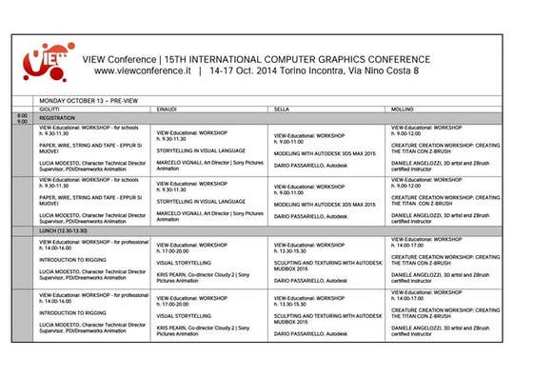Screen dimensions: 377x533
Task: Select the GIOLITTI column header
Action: [x=49, y=110]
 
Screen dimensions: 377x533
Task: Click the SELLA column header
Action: [x=282, y=110]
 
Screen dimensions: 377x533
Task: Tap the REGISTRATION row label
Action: [x=59, y=118]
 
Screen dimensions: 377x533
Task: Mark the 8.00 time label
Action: [x=22, y=114]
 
